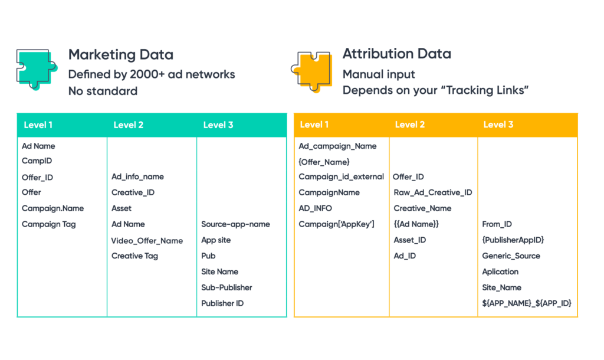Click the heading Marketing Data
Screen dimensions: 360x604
coord(120,55)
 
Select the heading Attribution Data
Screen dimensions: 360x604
coord(396,54)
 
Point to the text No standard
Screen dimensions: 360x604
coord(103,91)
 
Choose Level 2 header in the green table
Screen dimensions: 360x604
coord(128,125)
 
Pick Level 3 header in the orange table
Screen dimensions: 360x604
coord(498,125)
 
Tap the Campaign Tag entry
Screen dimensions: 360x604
coord(48,224)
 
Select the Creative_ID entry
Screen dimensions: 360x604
coord(133,192)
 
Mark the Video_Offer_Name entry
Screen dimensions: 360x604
coord(147,241)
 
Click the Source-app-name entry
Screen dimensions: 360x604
coord(235,224)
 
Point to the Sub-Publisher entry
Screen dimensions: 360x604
coord(226,287)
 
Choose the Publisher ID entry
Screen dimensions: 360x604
coord(222,303)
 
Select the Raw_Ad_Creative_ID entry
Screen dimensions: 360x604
coord(432,192)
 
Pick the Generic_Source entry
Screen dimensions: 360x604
coord(511,256)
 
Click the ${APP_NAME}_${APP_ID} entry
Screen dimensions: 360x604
coord(526,303)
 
